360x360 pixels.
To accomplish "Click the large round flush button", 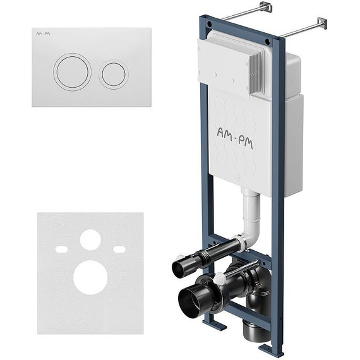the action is click(x=73, y=71).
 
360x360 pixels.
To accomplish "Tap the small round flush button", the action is click(x=114, y=74).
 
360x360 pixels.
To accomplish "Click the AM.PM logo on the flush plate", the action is click(x=43, y=33).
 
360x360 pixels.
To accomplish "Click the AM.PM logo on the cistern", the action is click(x=235, y=138).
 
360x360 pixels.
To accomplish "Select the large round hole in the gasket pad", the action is click(x=90, y=277).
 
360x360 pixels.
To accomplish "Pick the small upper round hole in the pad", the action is click(x=90, y=240).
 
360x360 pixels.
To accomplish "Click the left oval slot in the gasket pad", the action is click(x=61, y=249).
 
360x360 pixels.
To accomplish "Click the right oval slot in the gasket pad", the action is click(x=119, y=249).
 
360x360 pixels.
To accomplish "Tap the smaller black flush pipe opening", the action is click(x=179, y=268).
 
